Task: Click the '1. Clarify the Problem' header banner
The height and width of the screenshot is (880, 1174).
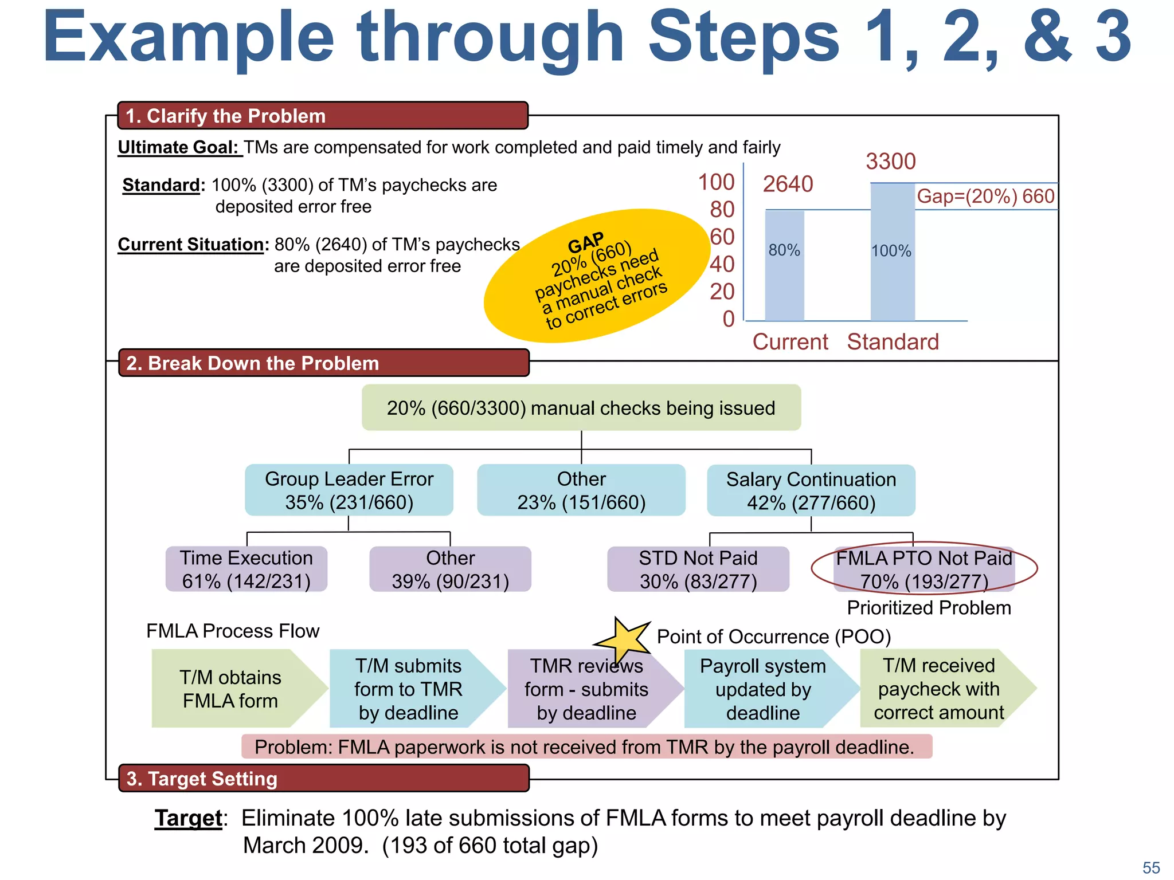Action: coord(322,116)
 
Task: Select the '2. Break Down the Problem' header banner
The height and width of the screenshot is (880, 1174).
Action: coord(323,363)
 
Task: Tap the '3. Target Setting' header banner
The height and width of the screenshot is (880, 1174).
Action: coord(323,779)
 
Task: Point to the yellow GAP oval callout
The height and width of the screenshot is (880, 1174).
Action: coord(596,276)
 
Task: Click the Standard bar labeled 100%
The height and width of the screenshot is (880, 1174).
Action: coord(892,252)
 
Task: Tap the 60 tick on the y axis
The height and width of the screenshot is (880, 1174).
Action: coord(722,237)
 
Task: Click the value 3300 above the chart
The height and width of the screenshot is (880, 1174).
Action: coord(890,162)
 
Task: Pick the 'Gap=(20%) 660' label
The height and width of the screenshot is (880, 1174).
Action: coord(985,197)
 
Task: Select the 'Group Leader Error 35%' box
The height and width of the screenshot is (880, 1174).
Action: coord(349,490)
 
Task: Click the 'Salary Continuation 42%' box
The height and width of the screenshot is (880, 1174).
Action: coord(811,491)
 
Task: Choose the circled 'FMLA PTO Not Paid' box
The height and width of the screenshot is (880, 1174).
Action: coord(923,569)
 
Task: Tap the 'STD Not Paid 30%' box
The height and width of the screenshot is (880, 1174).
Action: coord(698,569)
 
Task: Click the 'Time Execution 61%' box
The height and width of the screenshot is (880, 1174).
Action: coord(246,569)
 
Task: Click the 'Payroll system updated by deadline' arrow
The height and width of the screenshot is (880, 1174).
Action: coord(763,689)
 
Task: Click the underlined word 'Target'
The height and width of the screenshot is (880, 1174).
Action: coord(188,818)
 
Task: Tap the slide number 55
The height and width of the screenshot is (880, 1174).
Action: coord(1150,867)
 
